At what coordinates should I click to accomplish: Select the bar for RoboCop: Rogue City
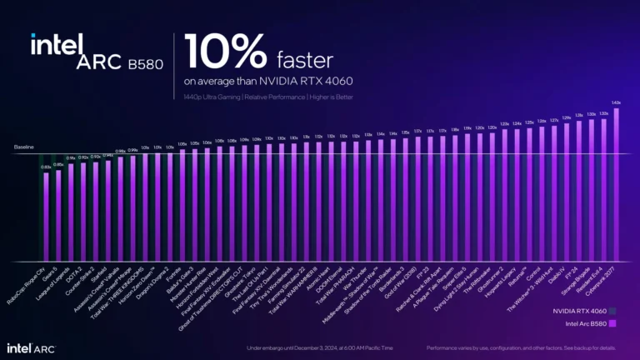47,217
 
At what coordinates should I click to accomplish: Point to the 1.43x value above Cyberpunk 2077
616,102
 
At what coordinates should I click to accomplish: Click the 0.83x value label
46,167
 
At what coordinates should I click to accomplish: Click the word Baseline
24,147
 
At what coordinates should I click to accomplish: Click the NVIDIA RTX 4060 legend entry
577,311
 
